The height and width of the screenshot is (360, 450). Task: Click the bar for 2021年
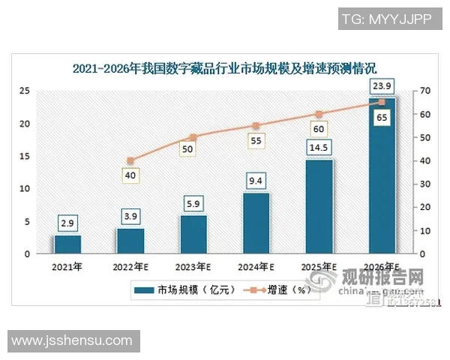pos(67,244)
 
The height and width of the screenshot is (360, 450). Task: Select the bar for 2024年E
pos(256,223)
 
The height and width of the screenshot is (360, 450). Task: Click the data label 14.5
pos(319,148)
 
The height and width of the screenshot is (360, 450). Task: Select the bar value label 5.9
pos(193,204)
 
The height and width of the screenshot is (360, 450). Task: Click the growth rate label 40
pos(130,175)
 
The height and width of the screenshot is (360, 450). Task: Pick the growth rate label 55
pos(256,140)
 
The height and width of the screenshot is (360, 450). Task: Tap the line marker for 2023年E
pos(193,137)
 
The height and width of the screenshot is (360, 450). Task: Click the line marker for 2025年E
pos(319,114)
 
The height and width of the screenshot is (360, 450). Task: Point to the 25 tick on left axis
pos(24,91)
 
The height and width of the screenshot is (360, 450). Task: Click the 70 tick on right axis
pos(425,91)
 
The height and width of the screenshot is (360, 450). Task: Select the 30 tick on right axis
pos(425,184)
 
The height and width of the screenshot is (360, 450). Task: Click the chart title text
pos(225,68)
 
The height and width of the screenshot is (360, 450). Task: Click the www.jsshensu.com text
pos(71,341)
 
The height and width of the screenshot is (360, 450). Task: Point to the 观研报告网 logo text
pos(382,280)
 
